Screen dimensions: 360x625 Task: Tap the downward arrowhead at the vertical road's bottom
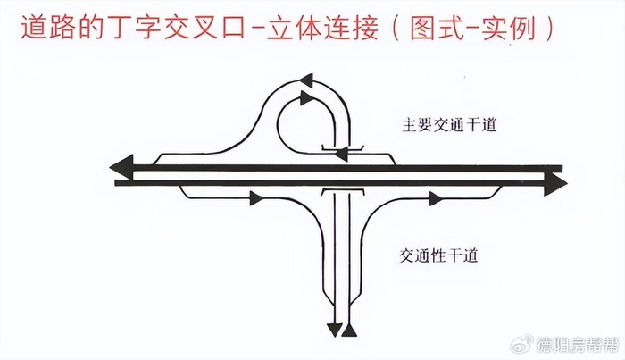point(334,330)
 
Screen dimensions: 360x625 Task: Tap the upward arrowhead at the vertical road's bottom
point(349,330)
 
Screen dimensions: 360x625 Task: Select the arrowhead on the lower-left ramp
point(255,198)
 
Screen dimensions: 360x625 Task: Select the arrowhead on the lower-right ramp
point(436,198)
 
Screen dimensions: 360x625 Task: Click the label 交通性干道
point(440,255)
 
